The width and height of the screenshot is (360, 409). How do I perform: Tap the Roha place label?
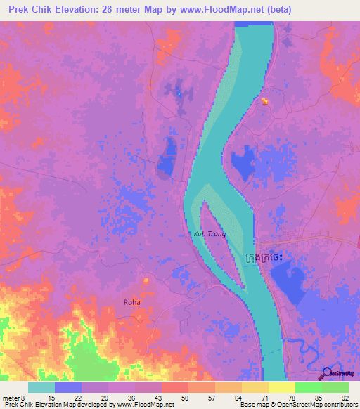coord(131,302)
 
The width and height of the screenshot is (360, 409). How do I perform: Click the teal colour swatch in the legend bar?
coord(41,387)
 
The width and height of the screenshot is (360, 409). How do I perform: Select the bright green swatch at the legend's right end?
coord(335,387)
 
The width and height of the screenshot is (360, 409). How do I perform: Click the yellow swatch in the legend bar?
coord(281,387)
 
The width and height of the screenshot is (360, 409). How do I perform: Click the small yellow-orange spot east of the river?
coord(265,101)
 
